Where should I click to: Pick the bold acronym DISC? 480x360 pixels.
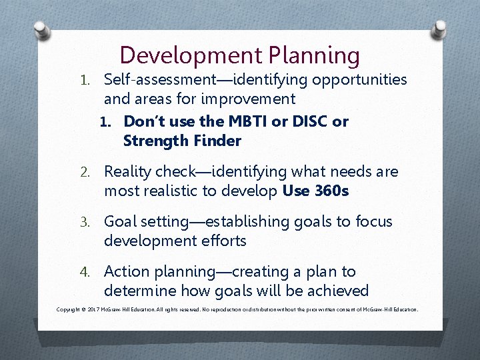[x=308, y=121]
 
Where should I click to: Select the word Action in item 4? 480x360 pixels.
[x=127, y=272]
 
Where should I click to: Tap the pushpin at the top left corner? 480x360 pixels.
[x=41, y=30]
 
